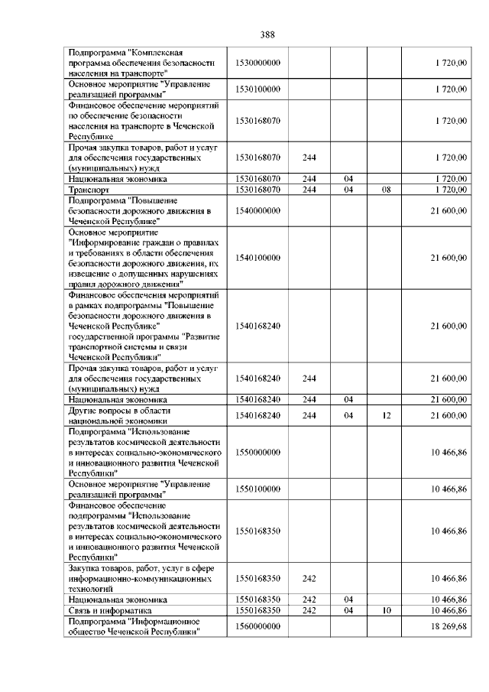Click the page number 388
[x=267, y=34]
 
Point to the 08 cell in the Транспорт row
[x=386, y=188]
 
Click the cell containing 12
[x=386, y=415]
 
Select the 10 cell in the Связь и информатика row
[x=386, y=611]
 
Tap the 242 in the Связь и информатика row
[x=310, y=611]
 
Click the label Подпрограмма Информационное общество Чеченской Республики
[x=134, y=626]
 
